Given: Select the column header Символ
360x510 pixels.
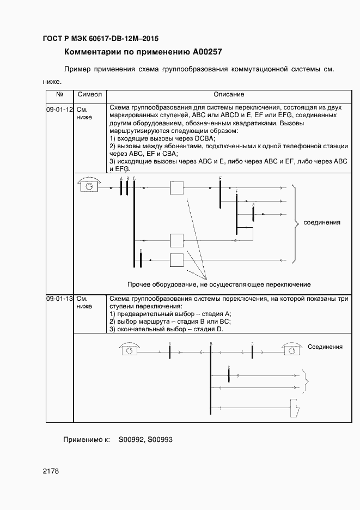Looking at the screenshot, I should pyautogui.click(x=90, y=95).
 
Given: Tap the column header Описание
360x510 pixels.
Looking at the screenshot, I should pyautogui.click(x=229, y=95).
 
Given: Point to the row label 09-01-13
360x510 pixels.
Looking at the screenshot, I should pyautogui.click(x=59, y=299).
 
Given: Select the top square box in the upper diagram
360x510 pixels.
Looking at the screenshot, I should pyautogui.click(x=177, y=188).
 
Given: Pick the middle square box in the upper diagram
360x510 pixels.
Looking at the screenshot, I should pyautogui.click(x=177, y=240).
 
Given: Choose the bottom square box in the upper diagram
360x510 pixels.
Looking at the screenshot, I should pyautogui.click(x=177, y=260).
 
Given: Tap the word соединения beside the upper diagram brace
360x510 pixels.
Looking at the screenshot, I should pyautogui.click(x=322, y=222).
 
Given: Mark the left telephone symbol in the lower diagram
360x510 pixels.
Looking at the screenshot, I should pyautogui.click(x=129, y=350).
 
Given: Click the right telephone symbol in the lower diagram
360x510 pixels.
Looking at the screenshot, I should pyautogui.click(x=291, y=350).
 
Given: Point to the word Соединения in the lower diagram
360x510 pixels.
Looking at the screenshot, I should pyautogui.click(x=325, y=347).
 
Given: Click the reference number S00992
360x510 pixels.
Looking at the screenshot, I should pyautogui.click(x=131, y=439).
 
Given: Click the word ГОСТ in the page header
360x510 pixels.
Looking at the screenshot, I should pyautogui.click(x=53, y=39).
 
